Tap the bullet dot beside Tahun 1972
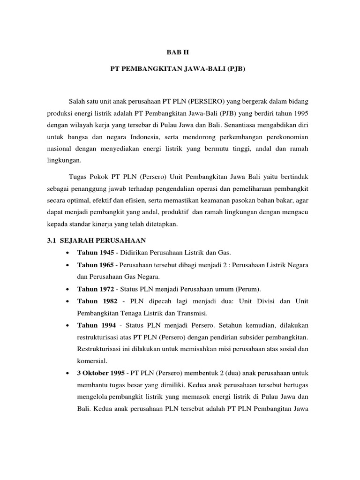(69, 288)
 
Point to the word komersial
(92, 361)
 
